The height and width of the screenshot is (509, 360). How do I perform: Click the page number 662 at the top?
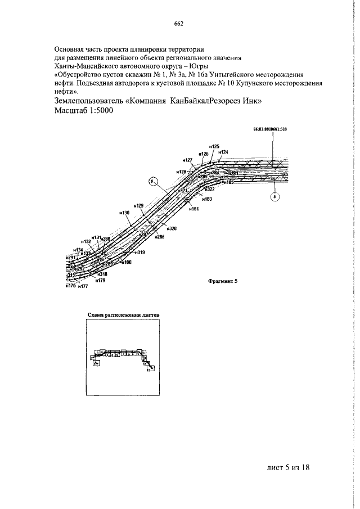(179, 24)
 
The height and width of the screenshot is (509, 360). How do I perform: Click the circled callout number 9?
(153, 181)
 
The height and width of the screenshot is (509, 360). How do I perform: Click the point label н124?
(223, 152)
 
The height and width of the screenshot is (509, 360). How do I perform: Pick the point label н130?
(124, 213)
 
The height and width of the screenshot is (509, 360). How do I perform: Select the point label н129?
(139, 205)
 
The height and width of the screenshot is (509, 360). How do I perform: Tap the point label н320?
(172, 228)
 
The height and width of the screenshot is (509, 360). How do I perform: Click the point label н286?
(160, 238)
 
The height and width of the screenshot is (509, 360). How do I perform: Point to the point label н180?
(126, 262)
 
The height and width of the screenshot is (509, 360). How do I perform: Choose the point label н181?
(194, 209)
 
